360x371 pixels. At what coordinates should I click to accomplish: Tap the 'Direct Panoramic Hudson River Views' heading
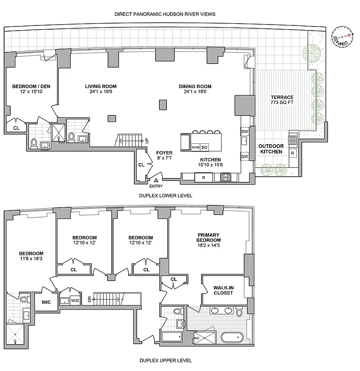click(165, 14)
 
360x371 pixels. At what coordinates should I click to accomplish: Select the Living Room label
click(101, 86)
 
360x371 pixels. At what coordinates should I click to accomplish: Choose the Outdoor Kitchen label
click(271, 149)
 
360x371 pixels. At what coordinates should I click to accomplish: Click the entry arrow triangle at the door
click(156, 180)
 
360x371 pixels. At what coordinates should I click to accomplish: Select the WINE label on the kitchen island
click(196, 147)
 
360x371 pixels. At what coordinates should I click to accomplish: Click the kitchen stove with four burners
click(225, 177)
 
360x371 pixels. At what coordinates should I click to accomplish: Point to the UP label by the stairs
click(147, 140)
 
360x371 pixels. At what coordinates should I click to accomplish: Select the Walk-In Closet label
click(223, 290)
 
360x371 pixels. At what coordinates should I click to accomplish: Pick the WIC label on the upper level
click(46, 302)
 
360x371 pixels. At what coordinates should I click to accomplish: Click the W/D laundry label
click(75, 301)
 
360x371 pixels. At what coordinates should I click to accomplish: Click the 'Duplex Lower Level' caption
click(165, 196)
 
